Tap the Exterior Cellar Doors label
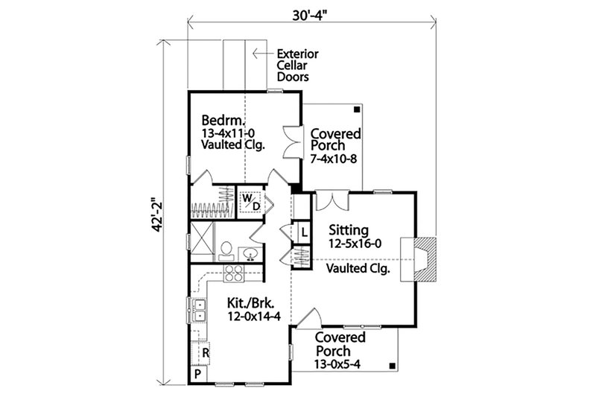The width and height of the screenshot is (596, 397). (x=297, y=65)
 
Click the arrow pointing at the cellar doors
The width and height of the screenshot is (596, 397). (x=261, y=54)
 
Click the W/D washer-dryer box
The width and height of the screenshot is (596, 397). (x=251, y=203)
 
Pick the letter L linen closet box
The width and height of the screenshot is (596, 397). (x=305, y=232)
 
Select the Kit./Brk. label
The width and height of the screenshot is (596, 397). (x=250, y=303)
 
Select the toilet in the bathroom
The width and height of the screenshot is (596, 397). (x=226, y=250)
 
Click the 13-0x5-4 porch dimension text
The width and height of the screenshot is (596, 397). (x=343, y=364)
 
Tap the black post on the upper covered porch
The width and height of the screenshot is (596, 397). (x=358, y=109)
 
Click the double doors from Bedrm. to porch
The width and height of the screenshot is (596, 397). (x=291, y=142)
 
